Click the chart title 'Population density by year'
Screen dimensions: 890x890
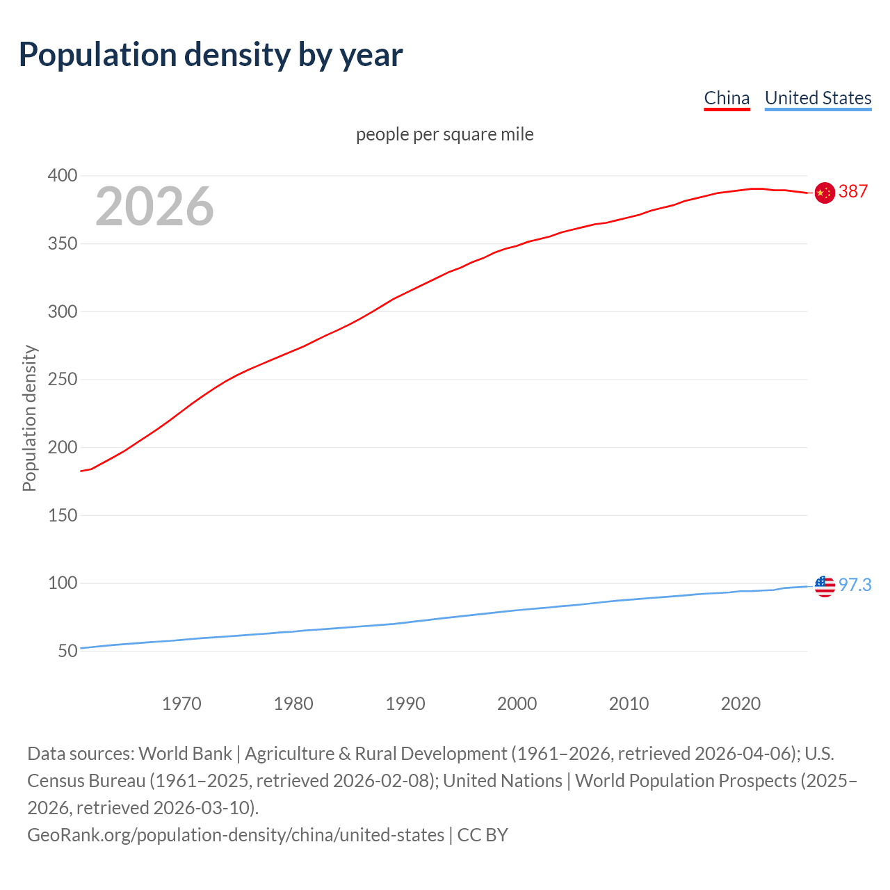pos(210,54)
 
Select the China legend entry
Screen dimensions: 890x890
pos(727,98)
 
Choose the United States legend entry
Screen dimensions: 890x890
pos(818,98)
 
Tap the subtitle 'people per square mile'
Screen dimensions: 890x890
pos(444,134)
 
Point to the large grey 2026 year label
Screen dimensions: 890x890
pos(154,206)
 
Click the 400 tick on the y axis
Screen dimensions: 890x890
pos(62,176)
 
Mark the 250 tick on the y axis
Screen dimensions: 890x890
pos(62,380)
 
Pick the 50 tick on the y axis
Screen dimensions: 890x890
pos(67,652)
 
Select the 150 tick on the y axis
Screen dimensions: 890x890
pos(62,515)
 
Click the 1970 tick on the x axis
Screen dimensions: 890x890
pos(181,704)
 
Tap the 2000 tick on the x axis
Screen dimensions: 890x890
pos(517,704)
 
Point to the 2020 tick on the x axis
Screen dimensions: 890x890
pos(741,704)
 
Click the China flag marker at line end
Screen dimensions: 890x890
pos(825,193)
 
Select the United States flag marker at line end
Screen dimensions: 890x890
pos(825,586)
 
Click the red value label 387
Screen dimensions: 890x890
pos(853,191)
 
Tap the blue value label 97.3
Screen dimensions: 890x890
pos(855,585)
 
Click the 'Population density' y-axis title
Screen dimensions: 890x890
pos(29,418)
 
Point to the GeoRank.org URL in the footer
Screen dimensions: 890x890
pos(235,834)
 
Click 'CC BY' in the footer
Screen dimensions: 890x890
pos(483,834)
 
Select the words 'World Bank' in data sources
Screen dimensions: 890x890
pos(185,754)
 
